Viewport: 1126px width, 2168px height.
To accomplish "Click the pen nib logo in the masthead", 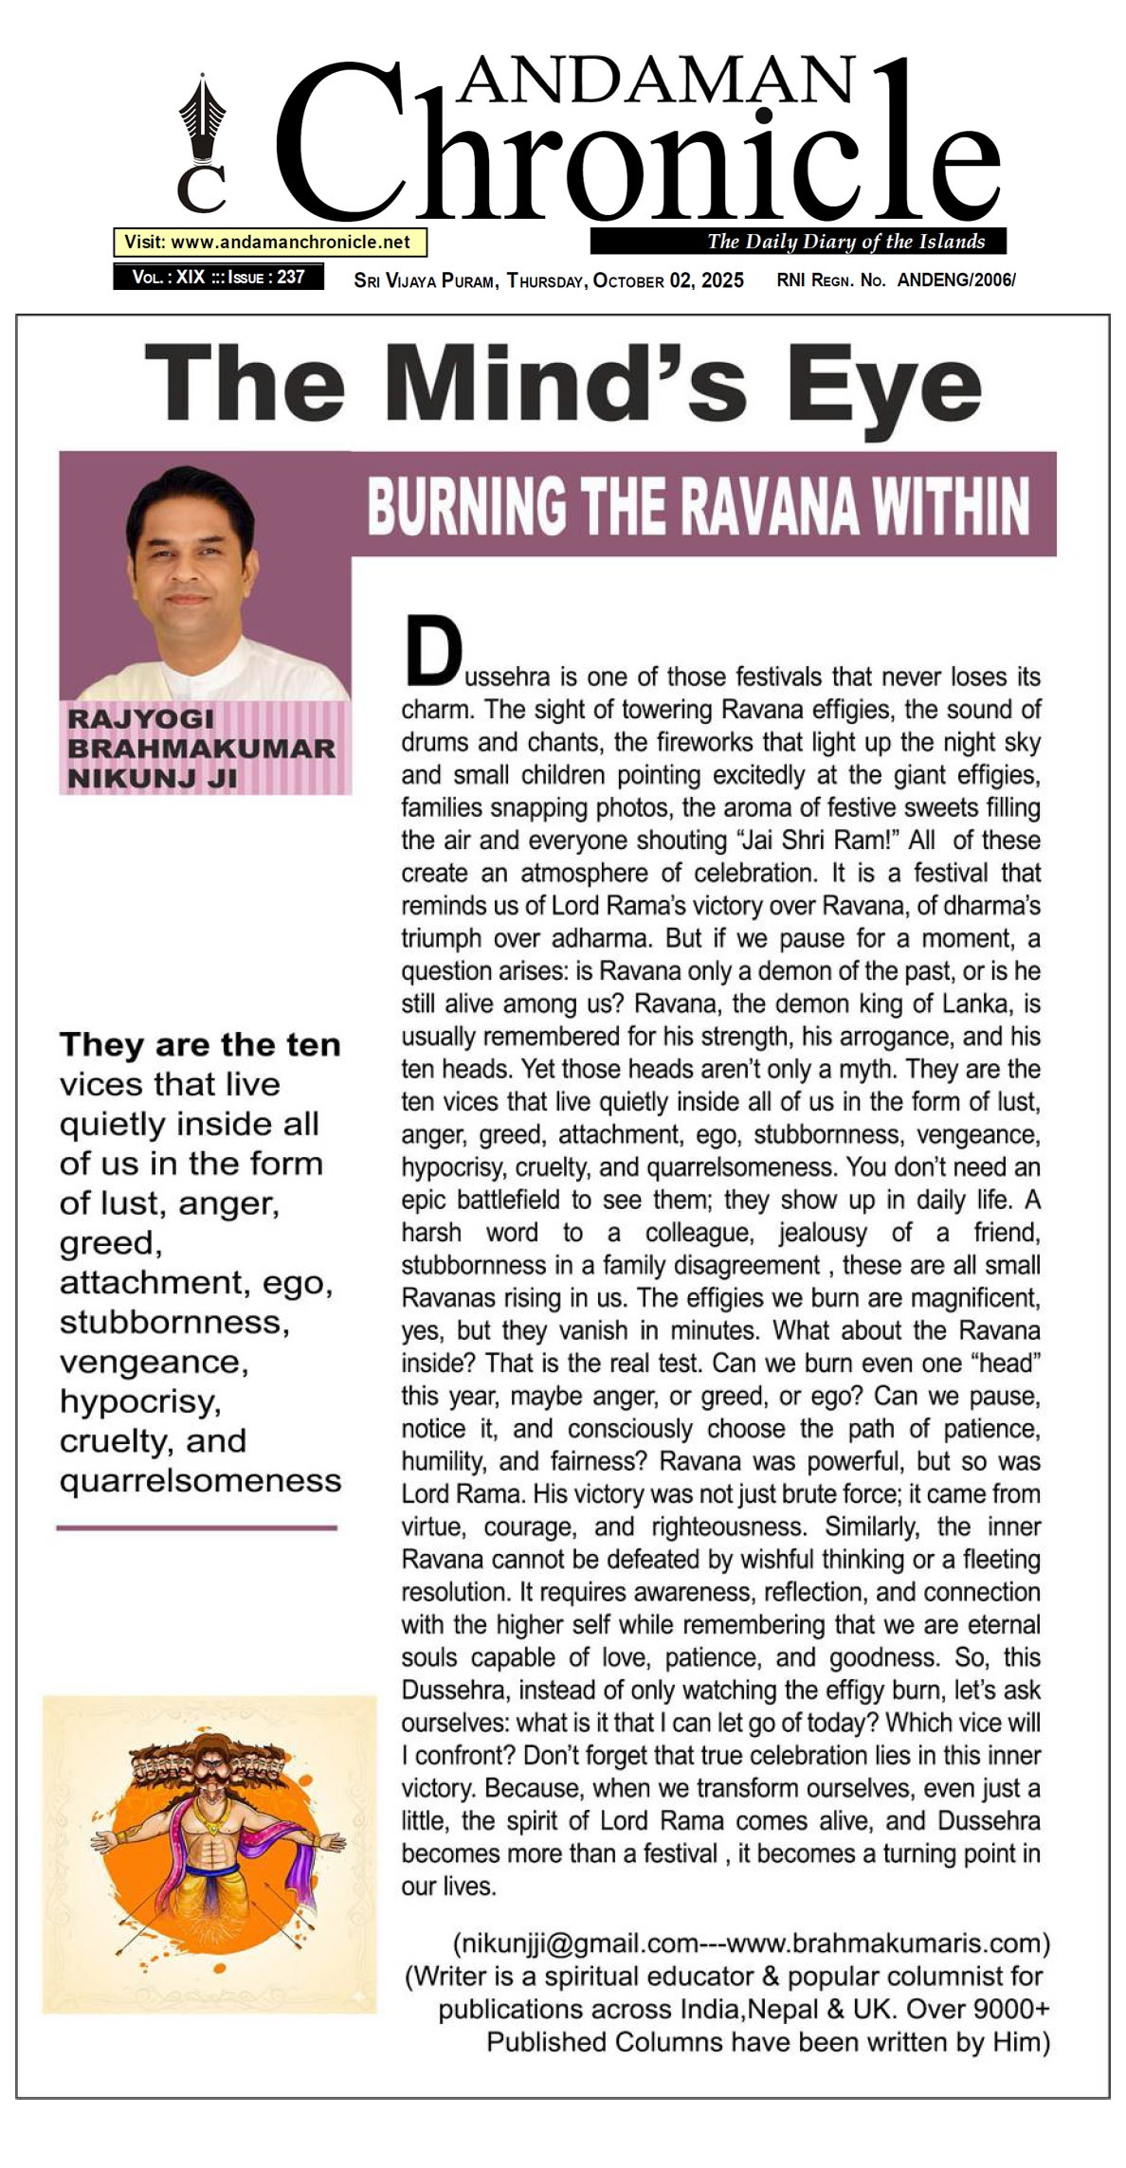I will [x=202, y=123].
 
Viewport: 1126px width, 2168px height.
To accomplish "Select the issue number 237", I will [x=291, y=277].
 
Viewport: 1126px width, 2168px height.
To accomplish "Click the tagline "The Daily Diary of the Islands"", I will [x=845, y=242].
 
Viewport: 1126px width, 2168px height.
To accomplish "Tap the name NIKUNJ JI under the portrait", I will [x=152, y=778].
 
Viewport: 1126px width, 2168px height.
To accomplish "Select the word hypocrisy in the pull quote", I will [x=139, y=1401].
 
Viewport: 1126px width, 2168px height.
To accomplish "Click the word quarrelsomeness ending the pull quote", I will [x=200, y=1480].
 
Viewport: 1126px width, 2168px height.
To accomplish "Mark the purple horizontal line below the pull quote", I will [x=197, y=1527].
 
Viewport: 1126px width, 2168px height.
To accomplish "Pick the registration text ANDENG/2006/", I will [x=956, y=280].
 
